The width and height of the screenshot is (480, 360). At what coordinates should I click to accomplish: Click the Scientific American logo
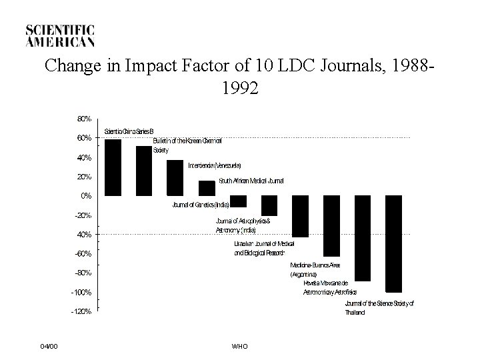pos(60,35)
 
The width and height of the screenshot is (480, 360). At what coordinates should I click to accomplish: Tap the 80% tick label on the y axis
pos(84,119)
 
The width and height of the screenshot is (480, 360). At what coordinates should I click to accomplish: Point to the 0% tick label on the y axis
pos(86,196)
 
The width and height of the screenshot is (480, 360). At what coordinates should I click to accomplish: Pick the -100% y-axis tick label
pos(81,293)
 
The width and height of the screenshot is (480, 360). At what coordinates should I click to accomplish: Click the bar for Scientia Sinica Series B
pos(113,167)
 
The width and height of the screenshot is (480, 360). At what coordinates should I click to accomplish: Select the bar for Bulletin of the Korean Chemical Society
pos(144,171)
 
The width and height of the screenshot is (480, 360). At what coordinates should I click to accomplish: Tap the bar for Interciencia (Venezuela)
pos(175,178)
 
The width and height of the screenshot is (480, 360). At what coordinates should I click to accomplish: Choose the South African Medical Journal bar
pos(207,188)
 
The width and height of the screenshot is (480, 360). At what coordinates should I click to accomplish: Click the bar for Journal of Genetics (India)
pos(238,201)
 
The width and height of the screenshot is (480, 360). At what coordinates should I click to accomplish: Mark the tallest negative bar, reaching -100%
pos(393,244)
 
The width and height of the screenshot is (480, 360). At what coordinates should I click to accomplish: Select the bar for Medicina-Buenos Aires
pos(331,226)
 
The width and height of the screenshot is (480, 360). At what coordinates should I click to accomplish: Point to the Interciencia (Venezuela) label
pos(214,165)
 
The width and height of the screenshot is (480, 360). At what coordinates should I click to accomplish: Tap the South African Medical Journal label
pos(251,181)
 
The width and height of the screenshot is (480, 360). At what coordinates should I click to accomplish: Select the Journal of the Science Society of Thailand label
pos(379,308)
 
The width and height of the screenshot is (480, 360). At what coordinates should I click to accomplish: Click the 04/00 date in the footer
pos(49,346)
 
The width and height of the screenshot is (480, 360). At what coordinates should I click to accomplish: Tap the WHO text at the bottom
pos(239,346)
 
